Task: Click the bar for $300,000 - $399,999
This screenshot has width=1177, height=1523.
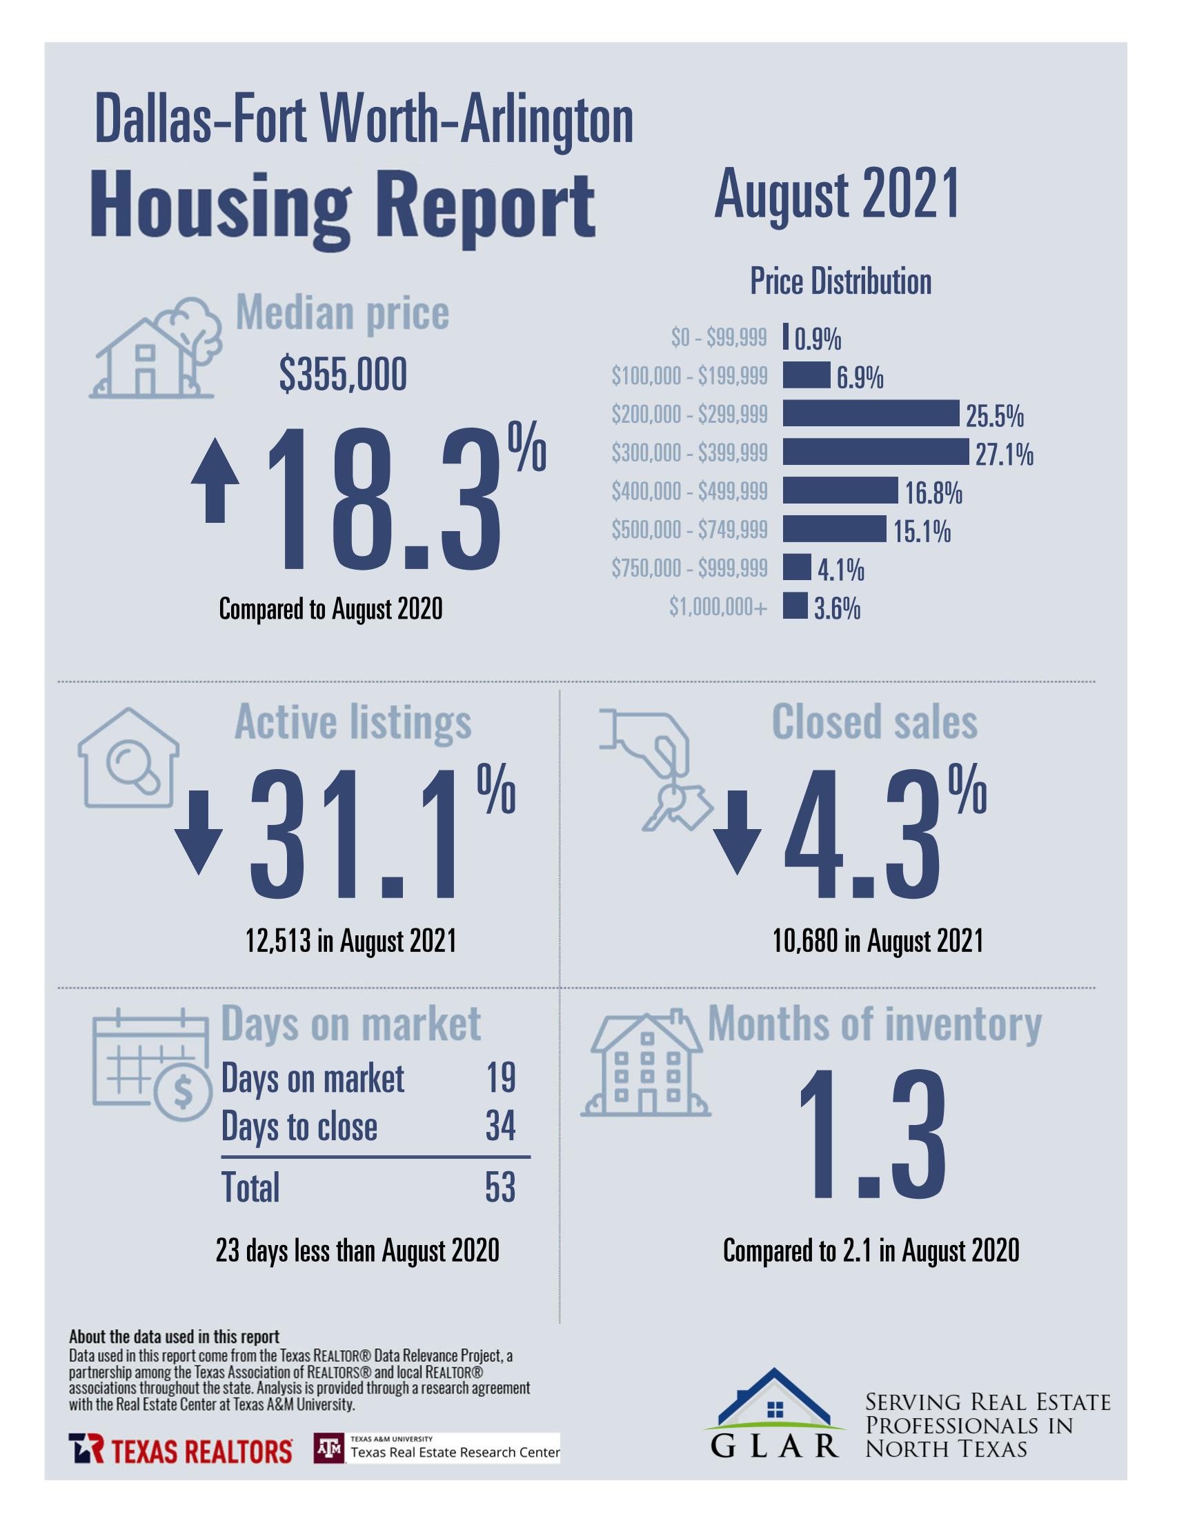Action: point(875,452)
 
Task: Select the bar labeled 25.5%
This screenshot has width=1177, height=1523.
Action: point(870,414)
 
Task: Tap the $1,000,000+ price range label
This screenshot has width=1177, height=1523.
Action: point(718,608)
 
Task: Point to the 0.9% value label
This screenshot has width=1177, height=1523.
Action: point(818,339)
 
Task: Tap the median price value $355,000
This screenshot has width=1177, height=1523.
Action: point(343,375)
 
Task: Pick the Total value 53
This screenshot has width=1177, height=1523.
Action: point(500,1188)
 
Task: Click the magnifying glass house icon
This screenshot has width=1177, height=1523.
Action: point(128,759)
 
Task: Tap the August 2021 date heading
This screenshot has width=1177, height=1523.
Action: point(837,195)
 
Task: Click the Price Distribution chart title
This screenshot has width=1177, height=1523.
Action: point(840,281)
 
